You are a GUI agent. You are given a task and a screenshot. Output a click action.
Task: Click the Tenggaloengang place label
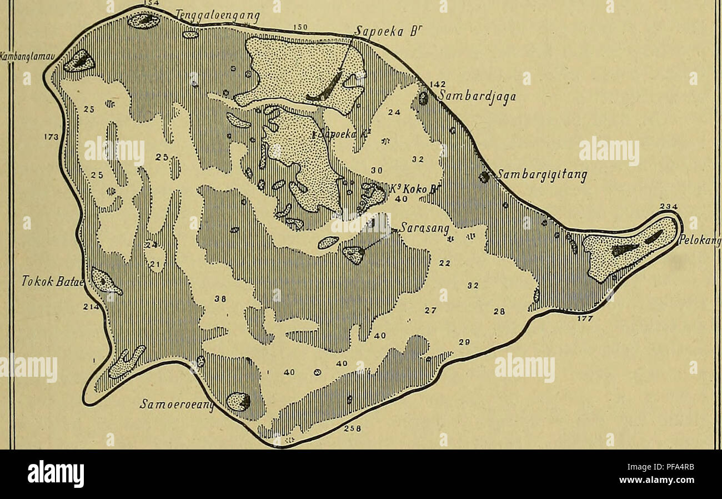coord(217,17)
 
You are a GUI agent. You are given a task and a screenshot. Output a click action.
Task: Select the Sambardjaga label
coord(477,97)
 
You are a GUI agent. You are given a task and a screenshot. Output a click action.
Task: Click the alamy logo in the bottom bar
coord(56,474)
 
